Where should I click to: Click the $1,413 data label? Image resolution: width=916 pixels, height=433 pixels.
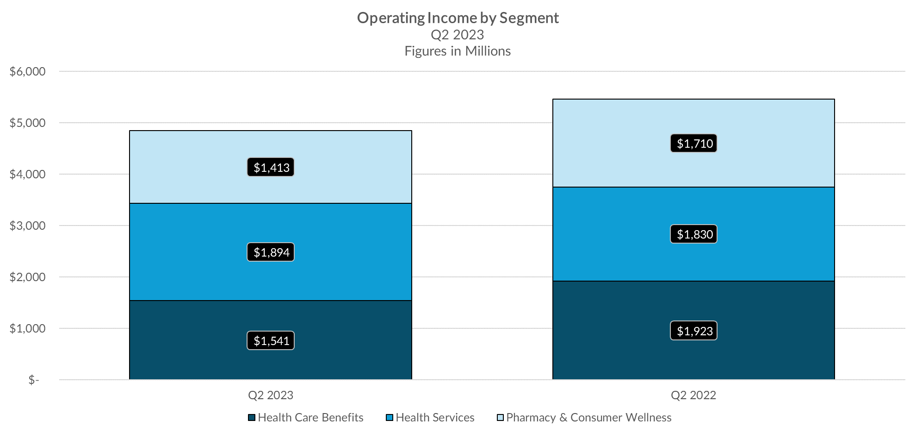click(271, 167)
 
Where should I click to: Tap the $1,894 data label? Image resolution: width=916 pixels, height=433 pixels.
click(271, 252)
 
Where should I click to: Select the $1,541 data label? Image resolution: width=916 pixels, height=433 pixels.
click(271, 341)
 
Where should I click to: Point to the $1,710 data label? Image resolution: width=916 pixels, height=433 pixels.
click(694, 144)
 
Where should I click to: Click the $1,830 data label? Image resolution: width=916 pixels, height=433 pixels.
click(694, 234)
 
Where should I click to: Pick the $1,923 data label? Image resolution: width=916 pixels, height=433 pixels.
click(694, 331)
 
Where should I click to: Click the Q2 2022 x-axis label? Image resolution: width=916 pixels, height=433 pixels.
click(693, 395)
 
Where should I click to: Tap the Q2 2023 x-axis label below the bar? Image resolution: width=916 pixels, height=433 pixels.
click(271, 395)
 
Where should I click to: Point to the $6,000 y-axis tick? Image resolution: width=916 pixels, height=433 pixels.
click(28, 71)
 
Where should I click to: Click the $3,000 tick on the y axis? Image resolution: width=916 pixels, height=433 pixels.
click(28, 226)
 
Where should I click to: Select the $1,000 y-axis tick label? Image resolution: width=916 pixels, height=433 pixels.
click(28, 328)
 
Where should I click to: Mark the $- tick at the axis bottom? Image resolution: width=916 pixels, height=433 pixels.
click(34, 380)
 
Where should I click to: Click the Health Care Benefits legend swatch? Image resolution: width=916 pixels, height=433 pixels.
click(252, 418)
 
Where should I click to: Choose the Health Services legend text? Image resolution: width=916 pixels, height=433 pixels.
click(435, 418)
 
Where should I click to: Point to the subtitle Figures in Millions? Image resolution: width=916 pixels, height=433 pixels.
click(458, 51)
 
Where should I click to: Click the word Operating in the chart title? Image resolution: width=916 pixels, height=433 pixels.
click(391, 18)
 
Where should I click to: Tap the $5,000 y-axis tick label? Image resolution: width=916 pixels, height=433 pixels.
click(28, 123)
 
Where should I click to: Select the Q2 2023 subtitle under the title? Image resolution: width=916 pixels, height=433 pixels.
click(457, 35)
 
